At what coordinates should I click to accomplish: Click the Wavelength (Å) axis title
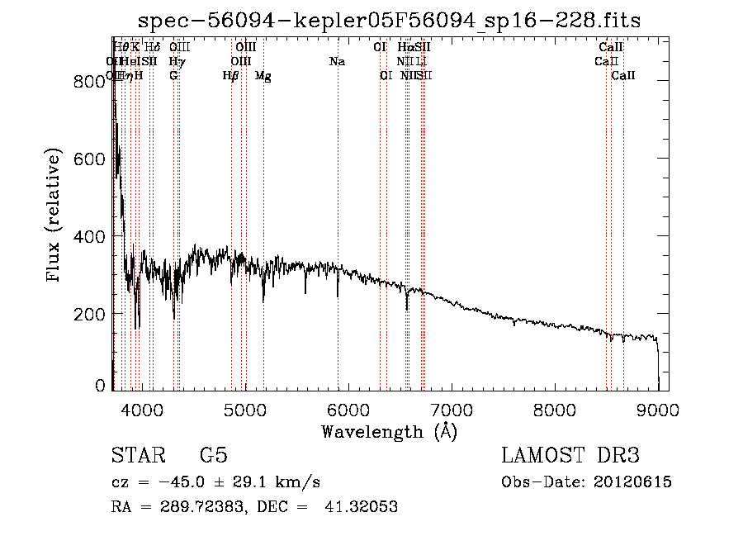pos(389,431)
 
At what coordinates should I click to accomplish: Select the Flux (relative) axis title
pos(55,217)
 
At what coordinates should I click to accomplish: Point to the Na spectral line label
pos(337,62)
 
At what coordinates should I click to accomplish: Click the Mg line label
pos(263,76)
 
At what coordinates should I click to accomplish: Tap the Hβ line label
pos(230,76)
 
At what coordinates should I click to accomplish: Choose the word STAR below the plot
pos(135,456)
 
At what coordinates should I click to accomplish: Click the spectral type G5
pos(213,456)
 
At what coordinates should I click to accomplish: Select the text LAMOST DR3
pos(570,456)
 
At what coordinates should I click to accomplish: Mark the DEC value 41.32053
pos(362,507)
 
